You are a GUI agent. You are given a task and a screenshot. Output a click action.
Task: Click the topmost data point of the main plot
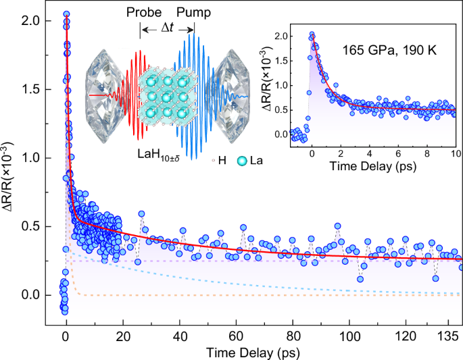pos(66,14)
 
